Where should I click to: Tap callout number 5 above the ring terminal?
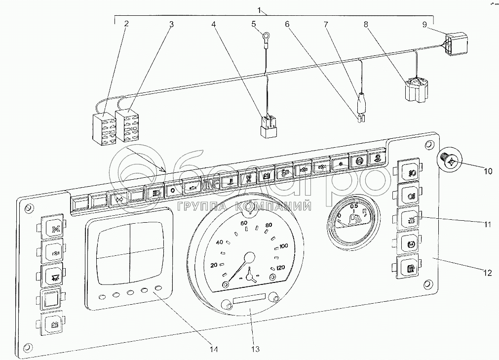253,23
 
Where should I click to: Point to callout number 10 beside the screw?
487,171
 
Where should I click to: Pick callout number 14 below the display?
214,350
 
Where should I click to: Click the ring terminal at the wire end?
267,36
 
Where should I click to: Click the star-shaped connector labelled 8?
416,88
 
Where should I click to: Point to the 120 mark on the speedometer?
281,268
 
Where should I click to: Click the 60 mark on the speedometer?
243,223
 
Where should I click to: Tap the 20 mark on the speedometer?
214,265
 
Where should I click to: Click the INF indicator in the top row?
211,184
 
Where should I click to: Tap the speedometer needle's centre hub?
250,258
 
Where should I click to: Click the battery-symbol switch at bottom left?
51,324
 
